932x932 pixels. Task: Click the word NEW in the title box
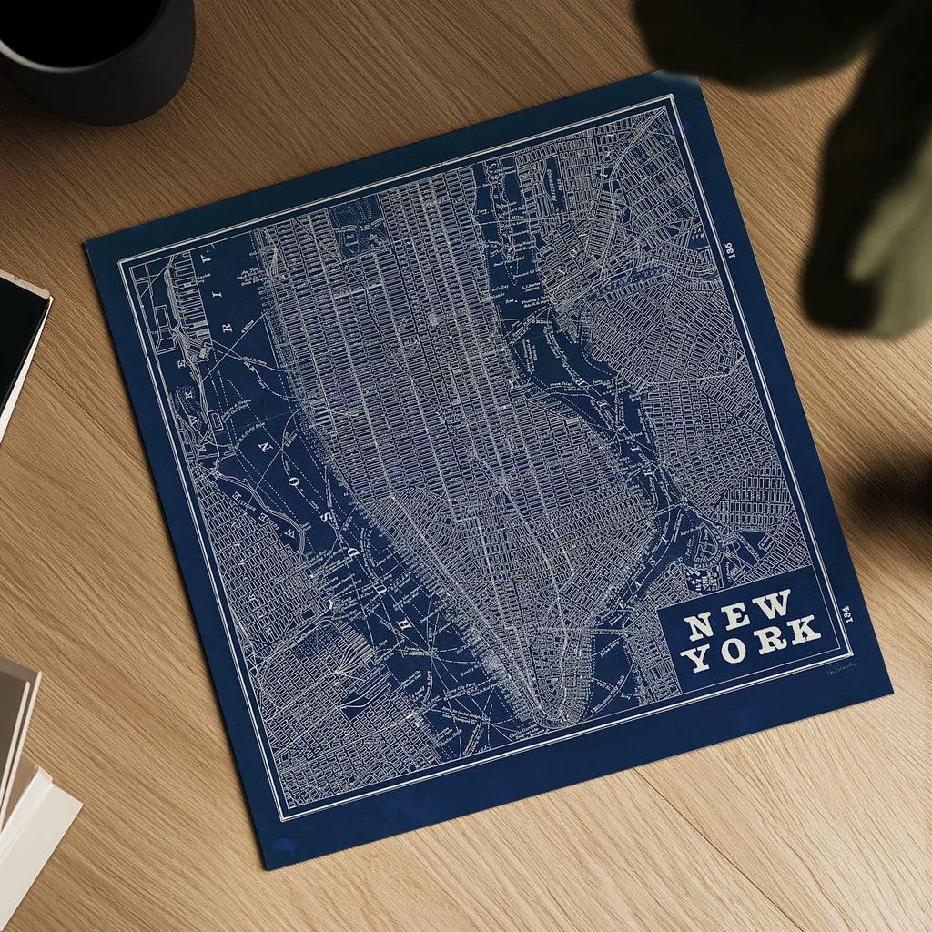(x=738, y=615)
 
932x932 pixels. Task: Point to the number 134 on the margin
(x=847, y=613)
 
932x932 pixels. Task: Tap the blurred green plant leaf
(x=865, y=228)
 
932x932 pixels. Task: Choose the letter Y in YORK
(x=698, y=657)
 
